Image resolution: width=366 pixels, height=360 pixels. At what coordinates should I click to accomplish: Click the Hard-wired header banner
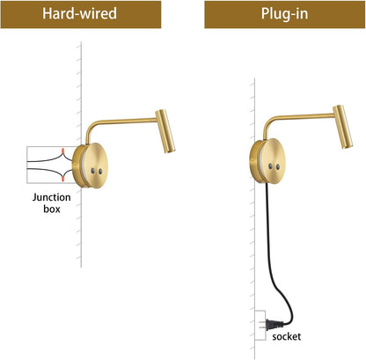(81, 14)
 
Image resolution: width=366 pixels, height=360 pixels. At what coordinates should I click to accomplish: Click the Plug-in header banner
(285, 14)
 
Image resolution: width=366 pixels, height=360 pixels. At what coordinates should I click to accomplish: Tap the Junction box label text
(52, 202)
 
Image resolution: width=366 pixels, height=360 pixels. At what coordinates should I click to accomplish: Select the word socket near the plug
(286, 336)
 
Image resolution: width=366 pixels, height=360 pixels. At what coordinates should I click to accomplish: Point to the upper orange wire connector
(62, 151)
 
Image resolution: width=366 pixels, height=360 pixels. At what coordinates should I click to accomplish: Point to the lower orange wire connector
(62, 178)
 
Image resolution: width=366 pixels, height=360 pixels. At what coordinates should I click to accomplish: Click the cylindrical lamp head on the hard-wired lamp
(165, 131)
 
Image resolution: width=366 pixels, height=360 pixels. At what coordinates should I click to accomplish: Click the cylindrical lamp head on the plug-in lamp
(342, 127)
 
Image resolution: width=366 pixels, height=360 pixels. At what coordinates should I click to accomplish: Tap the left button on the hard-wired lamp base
(93, 171)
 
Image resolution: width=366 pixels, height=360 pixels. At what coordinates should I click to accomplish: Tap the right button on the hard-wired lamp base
(100, 172)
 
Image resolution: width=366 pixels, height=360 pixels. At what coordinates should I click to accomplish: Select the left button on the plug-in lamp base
(270, 166)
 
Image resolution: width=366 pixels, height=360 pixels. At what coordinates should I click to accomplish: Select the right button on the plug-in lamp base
(278, 167)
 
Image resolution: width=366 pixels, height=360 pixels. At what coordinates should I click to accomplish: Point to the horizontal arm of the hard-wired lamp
(126, 121)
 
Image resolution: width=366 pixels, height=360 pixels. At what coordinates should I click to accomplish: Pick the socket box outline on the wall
(260, 325)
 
